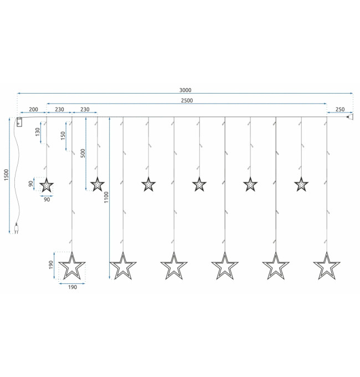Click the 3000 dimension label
pos(185,90)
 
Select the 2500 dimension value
pos(187,100)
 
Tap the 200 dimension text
pos(33,109)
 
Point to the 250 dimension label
pos(340,109)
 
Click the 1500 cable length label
pos(6,175)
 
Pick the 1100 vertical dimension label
pos(106,197)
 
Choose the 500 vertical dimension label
pos(83,153)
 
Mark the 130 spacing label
pos(38,132)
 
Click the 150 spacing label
pos(63,136)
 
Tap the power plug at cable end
pos(16,228)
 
